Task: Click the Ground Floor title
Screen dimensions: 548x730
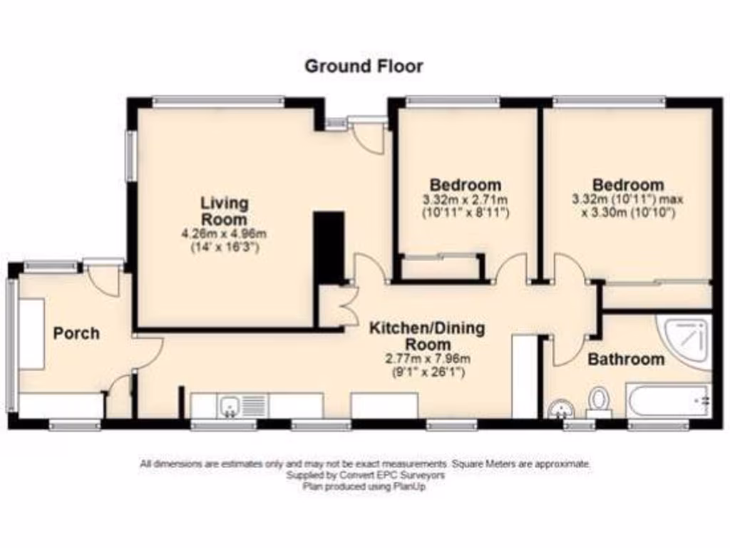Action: click(x=364, y=66)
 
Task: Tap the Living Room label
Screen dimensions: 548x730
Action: click(x=224, y=210)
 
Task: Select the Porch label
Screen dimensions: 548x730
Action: click(x=76, y=333)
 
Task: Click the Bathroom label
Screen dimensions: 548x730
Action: click(x=626, y=359)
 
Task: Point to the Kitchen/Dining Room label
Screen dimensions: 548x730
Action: click(x=426, y=336)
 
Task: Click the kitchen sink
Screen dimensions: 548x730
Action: click(x=230, y=405)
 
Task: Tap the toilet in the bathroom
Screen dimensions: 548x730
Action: click(x=599, y=401)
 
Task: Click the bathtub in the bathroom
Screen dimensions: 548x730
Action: click(x=668, y=400)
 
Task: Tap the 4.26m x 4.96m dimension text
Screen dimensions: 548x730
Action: click(x=224, y=234)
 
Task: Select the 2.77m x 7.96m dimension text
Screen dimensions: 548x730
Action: click(x=426, y=359)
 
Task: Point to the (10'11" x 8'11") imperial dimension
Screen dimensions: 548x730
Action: click(x=465, y=213)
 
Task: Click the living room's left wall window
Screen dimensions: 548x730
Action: click(x=132, y=155)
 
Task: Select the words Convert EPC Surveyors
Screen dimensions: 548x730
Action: click(x=396, y=475)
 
